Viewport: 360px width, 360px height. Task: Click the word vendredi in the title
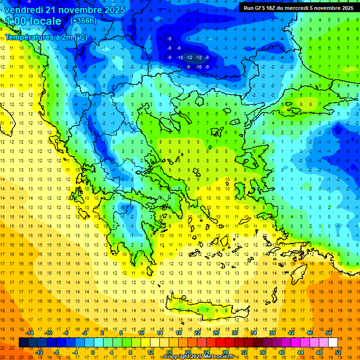[x=24, y=10]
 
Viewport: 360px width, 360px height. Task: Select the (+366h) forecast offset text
[x=83, y=21]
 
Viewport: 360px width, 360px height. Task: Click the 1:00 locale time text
[x=33, y=21]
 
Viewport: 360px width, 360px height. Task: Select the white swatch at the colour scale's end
[x=333, y=343]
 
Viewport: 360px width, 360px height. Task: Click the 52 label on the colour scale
[x=337, y=352]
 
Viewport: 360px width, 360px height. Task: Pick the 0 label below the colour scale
[x=92, y=352]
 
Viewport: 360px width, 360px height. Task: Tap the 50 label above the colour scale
[x=328, y=333]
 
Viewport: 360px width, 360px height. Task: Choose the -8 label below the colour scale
[x=56, y=352]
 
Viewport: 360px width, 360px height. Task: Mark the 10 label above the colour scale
[x=141, y=333]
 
